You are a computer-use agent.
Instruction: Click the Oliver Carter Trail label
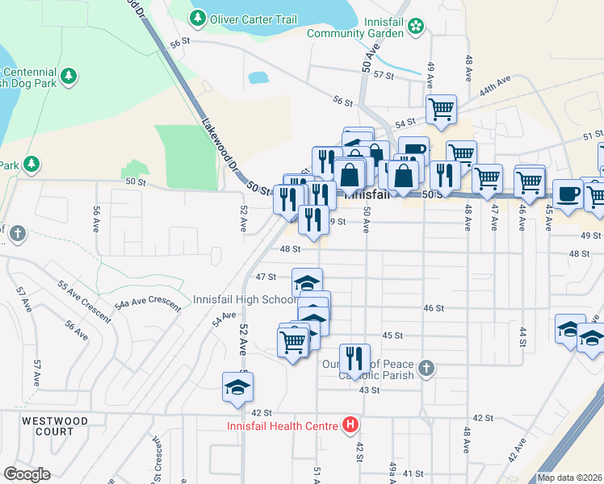coord(253,19)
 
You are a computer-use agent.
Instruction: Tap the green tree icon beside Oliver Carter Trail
coord(198,18)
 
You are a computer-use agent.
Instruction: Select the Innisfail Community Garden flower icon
coord(415,27)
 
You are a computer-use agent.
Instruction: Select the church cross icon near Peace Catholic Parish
coord(426,369)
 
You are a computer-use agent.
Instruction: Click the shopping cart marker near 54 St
coord(441,109)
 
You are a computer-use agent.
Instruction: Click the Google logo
coord(27,474)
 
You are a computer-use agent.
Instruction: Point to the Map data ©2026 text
coord(570,478)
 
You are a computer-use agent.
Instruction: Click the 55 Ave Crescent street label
coord(85,301)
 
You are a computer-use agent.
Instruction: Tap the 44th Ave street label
coord(496,88)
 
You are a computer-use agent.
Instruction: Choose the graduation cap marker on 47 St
coord(307,282)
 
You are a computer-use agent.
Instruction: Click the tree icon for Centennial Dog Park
coord(69,76)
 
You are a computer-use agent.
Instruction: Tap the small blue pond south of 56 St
coord(258,78)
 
